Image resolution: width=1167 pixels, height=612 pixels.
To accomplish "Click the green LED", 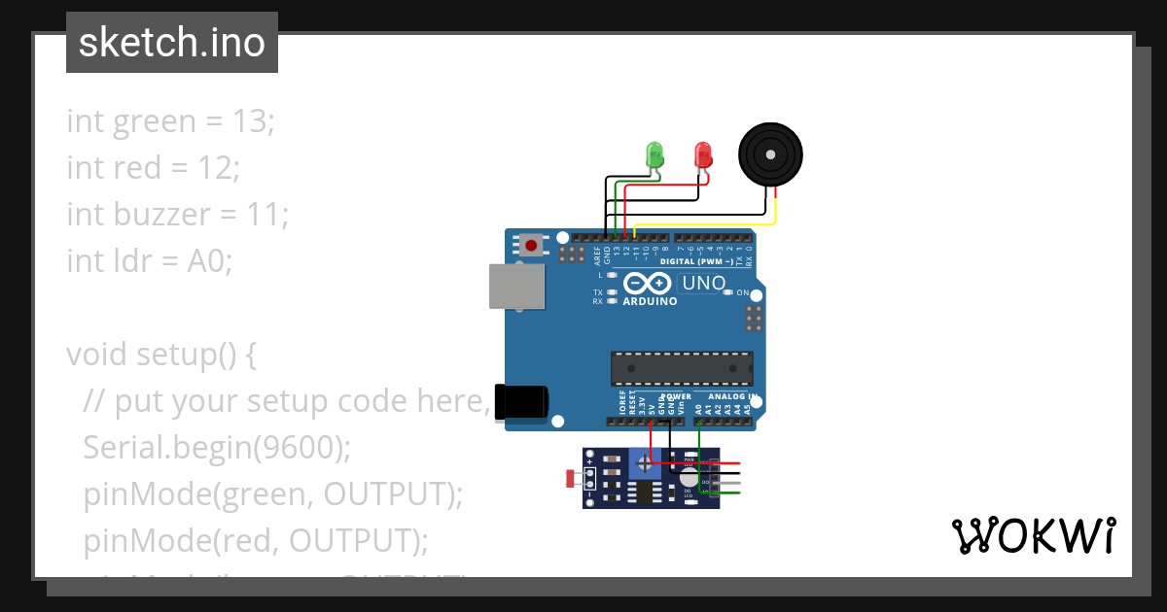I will tap(654, 154).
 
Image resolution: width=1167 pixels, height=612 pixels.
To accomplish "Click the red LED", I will tap(702, 154).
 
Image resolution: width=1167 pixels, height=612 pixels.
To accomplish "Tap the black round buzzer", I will tap(772, 154).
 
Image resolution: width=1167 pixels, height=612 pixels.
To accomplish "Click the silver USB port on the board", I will tap(516, 288).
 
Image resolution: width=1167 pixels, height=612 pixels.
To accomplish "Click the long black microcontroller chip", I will tap(682, 368).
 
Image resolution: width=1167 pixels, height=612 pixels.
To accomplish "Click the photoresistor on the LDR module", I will tap(574, 478).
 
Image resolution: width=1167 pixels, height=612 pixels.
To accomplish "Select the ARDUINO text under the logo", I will tap(650, 301).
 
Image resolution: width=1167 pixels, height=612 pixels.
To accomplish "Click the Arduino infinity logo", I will tap(649, 284).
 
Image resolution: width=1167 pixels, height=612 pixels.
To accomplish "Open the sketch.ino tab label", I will tap(172, 43).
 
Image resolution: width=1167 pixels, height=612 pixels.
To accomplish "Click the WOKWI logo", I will tap(1033, 535).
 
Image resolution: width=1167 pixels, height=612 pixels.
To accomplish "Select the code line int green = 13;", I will tap(171, 121).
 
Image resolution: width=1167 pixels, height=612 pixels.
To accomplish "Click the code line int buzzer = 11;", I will tap(178, 214).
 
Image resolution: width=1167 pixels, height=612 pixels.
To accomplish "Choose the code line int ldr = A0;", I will tap(150, 260).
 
